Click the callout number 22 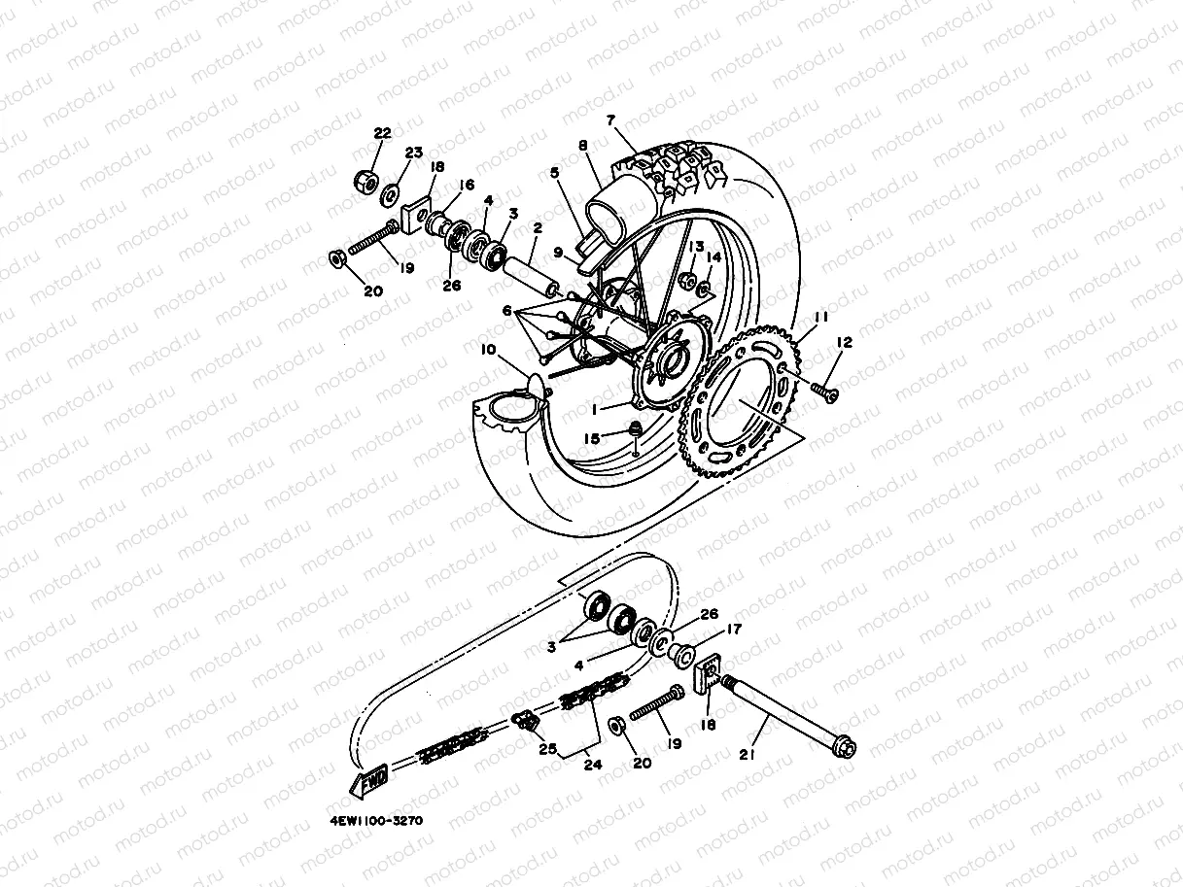tap(382, 133)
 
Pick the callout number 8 tap(583, 146)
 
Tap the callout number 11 tap(820, 318)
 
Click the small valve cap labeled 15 tap(632, 430)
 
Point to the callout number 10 tap(487, 348)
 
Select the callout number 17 tap(734, 629)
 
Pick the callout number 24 tap(592, 765)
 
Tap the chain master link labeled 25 tap(526, 720)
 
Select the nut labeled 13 tap(687, 282)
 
